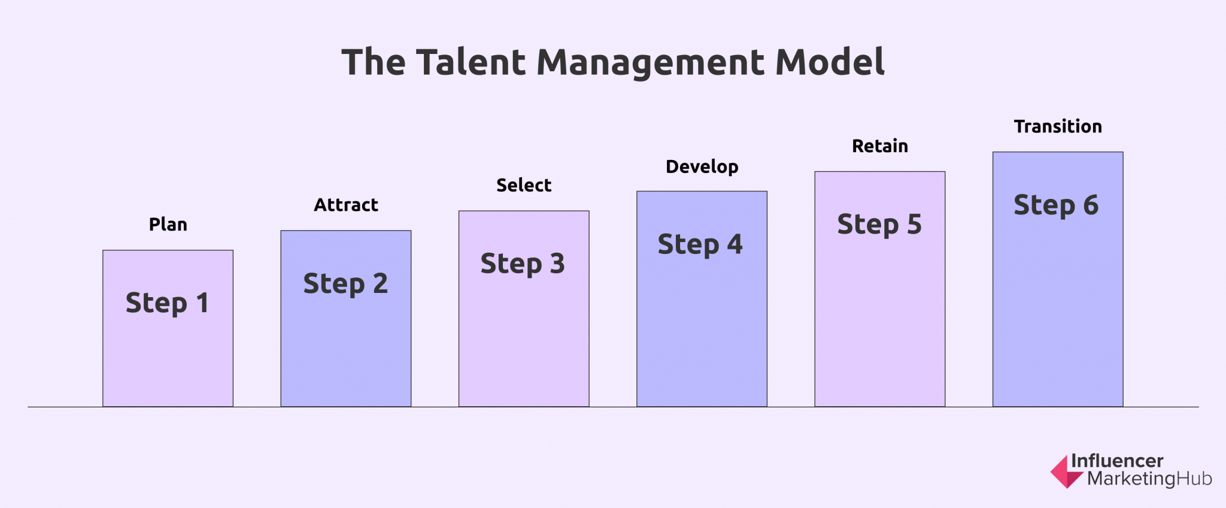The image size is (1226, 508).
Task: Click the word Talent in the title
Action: pyautogui.click(x=471, y=62)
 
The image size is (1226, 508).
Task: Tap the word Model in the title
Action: pyautogui.click(x=830, y=62)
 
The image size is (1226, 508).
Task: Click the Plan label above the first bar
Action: pyautogui.click(x=168, y=224)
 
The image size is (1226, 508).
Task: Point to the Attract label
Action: pyautogui.click(x=346, y=205)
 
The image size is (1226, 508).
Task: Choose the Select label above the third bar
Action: pyautogui.click(x=524, y=185)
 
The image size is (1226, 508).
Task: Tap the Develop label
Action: pyautogui.click(x=702, y=167)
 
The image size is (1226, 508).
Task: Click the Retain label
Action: pyautogui.click(x=880, y=146)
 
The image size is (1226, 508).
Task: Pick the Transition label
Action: pyautogui.click(x=1058, y=126)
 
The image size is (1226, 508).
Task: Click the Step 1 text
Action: pyautogui.click(x=167, y=303)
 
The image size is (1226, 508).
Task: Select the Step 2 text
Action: pyautogui.click(x=345, y=284)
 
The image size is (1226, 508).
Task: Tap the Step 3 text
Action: pyautogui.click(x=523, y=264)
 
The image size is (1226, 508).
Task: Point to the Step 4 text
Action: pyautogui.click(x=700, y=244)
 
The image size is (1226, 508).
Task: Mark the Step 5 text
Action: pyautogui.click(x=879, y=225)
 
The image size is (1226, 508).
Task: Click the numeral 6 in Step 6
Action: pyautogui.click(x=1091, y=205)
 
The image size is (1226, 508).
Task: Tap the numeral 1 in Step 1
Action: pyautogui.click(x=202, y=303)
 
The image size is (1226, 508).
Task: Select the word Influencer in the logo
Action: pyautogui.click(x=1117, y=461)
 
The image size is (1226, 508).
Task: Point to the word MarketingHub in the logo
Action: pyautogui.click(x=1149, y=479)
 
